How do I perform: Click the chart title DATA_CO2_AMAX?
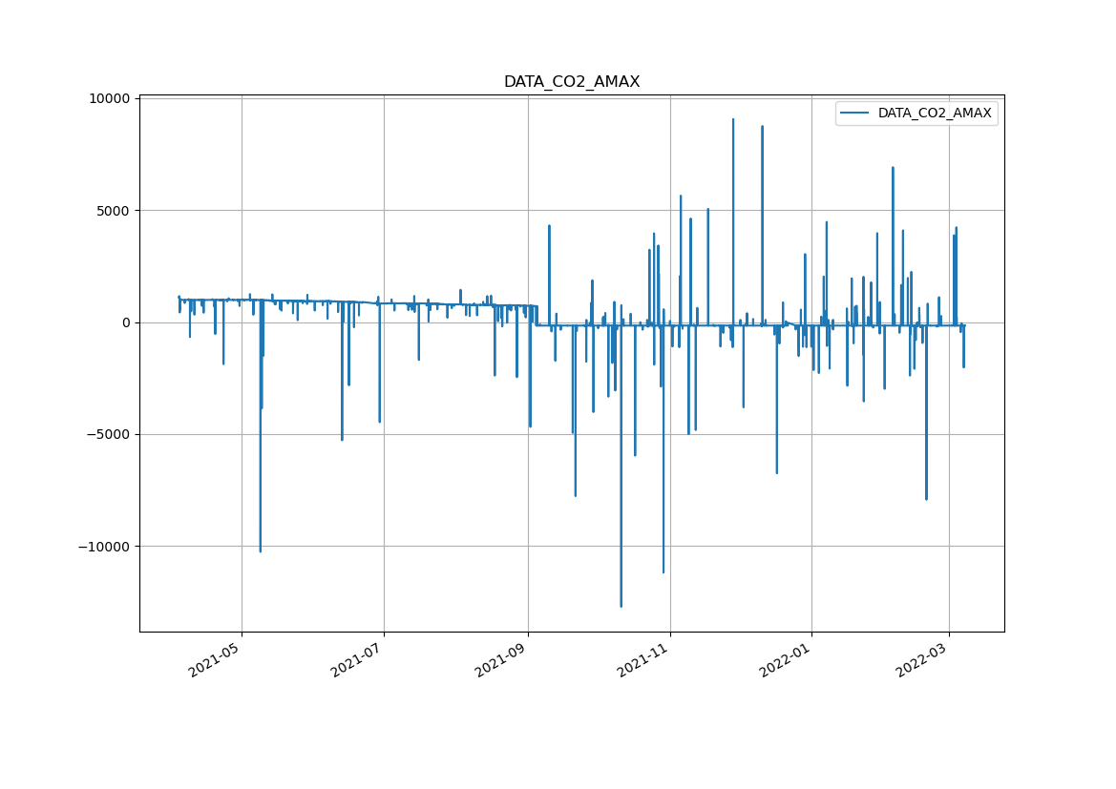click(572, 82)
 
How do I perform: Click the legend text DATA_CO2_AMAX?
click(935, 114)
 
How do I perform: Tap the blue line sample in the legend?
click(856, 114)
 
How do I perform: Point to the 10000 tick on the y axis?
click(109, 99)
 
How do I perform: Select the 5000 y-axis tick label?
click(113, 211)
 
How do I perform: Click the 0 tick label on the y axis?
click(125, 322)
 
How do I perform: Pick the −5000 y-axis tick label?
click(109, 435)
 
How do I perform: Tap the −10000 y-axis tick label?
click(105, 547)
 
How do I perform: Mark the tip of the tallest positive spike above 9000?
click(733, 119)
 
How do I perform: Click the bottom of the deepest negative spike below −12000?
click(621, 607)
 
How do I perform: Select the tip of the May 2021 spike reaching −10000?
click(260, 551)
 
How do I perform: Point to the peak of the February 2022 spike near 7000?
click(893, 168)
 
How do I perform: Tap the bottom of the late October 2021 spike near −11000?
click(663, 572)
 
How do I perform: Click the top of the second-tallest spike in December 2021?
click(762, 126)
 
